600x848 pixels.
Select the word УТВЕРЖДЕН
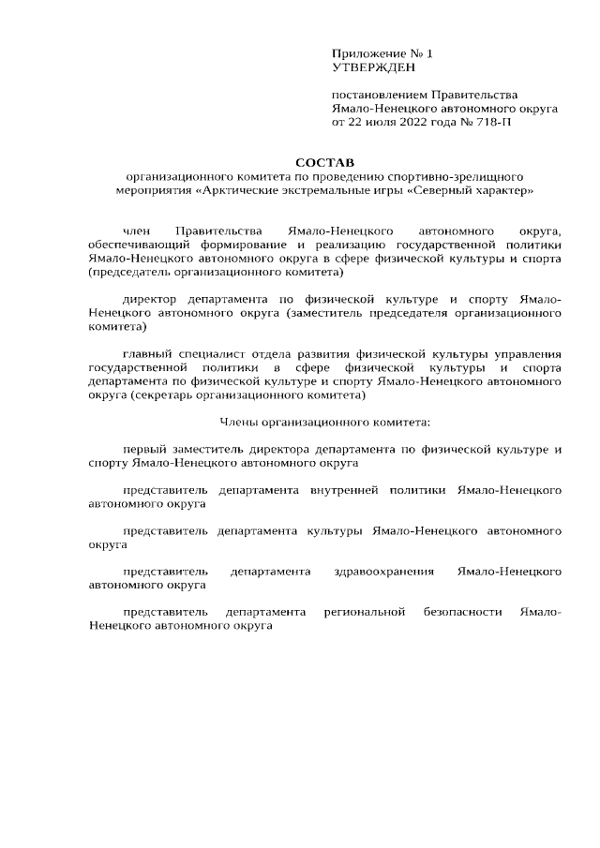coord(371,67)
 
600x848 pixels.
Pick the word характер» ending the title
coord(505,190)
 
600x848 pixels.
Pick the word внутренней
coord(350,490)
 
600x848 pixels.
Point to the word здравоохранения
coord(384,571)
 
